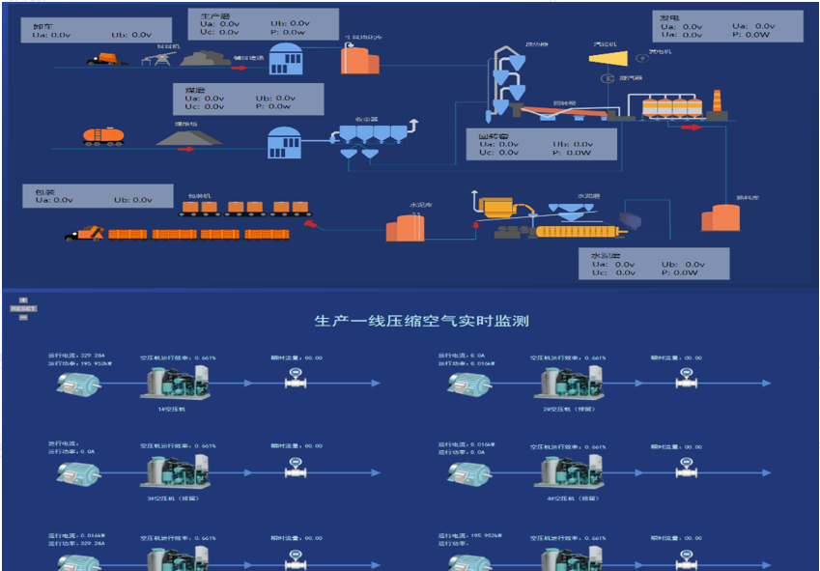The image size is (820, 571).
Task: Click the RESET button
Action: point(24,309)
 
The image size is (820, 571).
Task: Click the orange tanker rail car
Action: point(102,136)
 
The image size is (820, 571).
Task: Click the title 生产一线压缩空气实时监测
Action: point(422,321)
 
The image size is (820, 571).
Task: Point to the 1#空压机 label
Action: point(172,409)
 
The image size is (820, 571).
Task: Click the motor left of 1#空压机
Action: point(77,383)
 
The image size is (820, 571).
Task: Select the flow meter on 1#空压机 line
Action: point(297,381)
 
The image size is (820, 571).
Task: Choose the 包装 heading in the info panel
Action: point(42,189)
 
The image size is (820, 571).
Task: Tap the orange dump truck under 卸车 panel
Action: point(106,58)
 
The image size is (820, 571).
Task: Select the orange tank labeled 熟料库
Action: point(720,216)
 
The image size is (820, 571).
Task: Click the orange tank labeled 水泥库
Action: point(405,227)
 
